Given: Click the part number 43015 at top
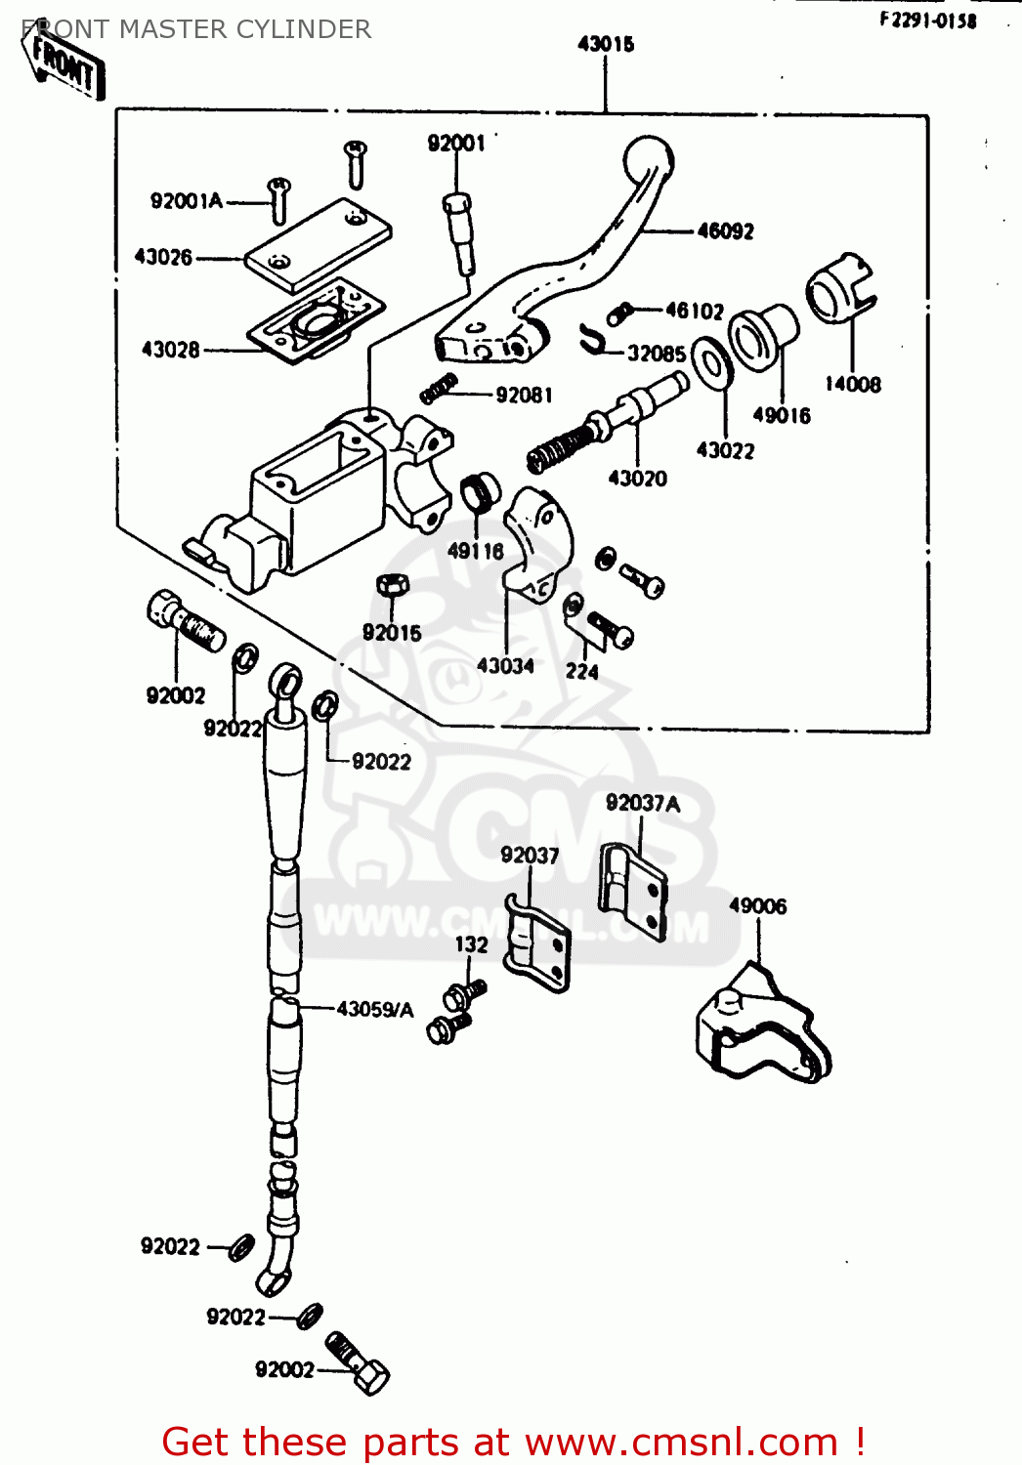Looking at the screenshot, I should click(606, 44).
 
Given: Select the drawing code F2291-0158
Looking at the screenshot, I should click(927, 21).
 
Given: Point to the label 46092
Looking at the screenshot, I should click(725, 231).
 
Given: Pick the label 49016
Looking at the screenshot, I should click(781, 415).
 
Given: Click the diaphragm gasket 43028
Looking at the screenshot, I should click(313, 320).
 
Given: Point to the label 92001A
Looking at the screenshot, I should click(187, 201).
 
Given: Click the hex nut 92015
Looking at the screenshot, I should click(393, 586).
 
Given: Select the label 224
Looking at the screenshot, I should click(581, 671).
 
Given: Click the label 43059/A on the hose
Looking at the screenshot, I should click(375, 1009).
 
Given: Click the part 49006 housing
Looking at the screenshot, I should click(762, 1025).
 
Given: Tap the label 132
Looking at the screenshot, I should click(471, 944).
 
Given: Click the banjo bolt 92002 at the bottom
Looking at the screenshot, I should click(359, 1363).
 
